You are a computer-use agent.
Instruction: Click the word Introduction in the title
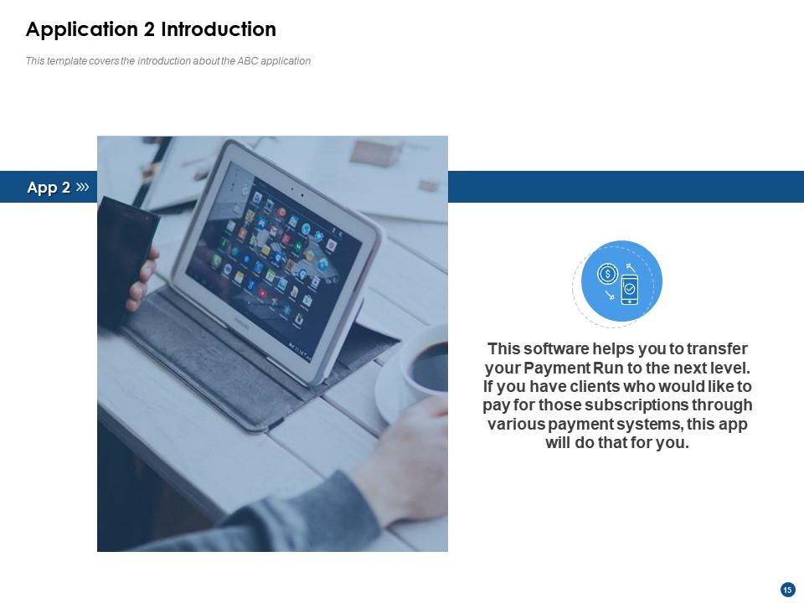[x=218, y=29]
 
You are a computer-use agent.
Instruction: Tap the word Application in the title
[x=82, y=29]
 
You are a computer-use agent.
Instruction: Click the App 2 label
[x=48, y=188]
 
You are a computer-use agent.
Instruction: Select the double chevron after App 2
[x=82, y=187]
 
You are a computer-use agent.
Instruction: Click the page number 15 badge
[x=787, y=590]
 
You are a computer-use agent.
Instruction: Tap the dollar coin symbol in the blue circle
[x=607, y=274]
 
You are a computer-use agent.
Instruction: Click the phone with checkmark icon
[x=629, y=288]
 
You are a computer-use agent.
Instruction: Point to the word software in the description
[x=559, y=348]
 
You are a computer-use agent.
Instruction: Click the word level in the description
[x=729, y=368]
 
